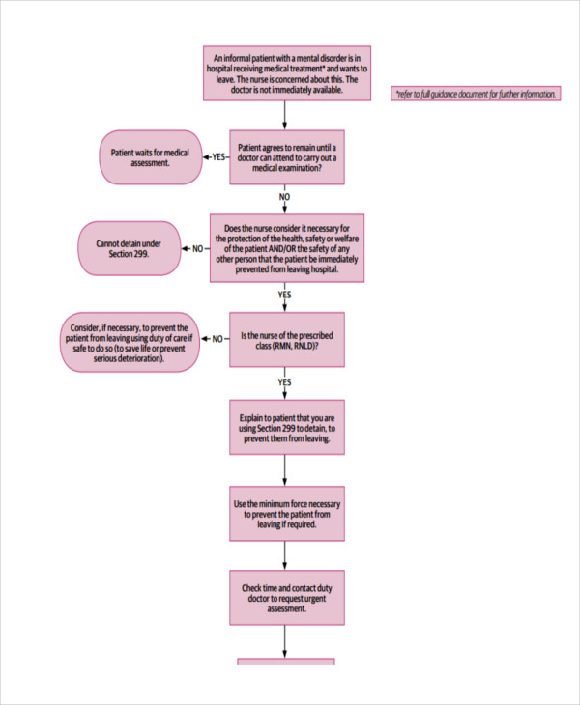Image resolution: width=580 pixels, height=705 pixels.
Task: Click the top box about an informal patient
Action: click(285, 72)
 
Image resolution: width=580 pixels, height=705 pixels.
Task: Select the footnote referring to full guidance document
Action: click(475, 95)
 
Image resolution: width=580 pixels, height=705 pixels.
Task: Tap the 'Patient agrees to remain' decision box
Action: click(285, 156)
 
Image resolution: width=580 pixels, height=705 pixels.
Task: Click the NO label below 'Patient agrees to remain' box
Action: click(285, 197)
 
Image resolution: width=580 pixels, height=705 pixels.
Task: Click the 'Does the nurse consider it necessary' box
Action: click(287, 248)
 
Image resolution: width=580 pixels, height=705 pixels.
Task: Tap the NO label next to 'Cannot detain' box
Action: click(198, 248)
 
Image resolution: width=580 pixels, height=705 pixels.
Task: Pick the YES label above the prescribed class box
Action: click(285, 295)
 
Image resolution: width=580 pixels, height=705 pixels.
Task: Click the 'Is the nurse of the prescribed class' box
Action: click(285, 339)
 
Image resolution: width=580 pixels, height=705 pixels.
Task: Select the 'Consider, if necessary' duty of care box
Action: click(130, 342)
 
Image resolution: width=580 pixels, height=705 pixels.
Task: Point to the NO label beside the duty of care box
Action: click(217, 339)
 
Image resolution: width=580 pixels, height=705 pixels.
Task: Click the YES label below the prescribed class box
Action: click(285, 382)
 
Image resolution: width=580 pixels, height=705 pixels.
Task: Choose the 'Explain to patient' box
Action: click(285, 427)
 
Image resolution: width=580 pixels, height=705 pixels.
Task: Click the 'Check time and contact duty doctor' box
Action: click(285, 597)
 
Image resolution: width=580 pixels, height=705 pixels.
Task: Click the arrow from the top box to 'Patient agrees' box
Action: click(285, 114)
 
